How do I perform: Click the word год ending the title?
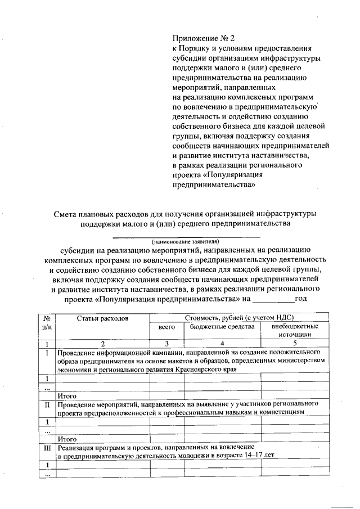300,298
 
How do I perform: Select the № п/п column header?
47,322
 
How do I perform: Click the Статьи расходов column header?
103,318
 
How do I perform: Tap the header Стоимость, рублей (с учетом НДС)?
236,318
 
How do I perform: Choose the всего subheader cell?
167,327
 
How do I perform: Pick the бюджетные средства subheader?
222,327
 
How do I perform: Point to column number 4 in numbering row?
222,344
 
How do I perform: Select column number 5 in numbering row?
294,344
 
